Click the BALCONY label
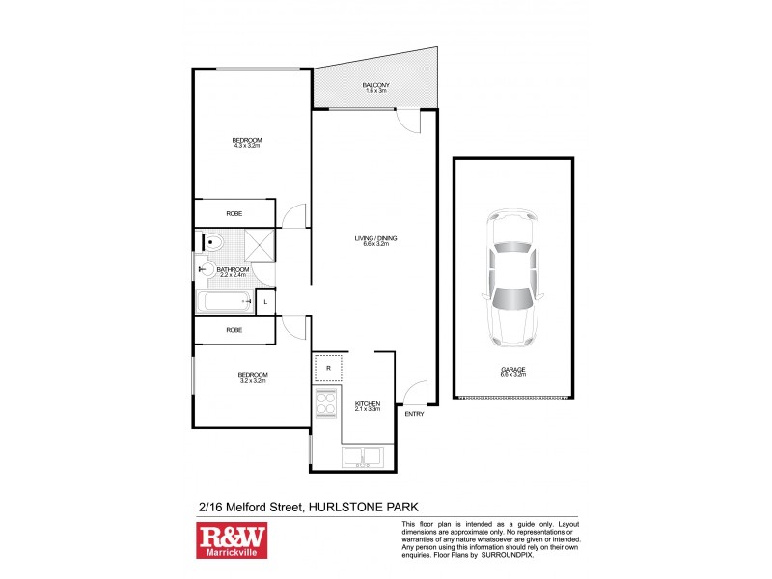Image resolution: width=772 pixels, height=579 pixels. tap(375, 86)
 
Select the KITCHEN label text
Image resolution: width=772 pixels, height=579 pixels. tap(368, 403)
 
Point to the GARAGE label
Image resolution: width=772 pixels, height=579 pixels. tap(513, 368)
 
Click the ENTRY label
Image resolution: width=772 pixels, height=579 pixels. tap(414, 414)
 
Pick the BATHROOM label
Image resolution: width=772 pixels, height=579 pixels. tap(233, 269)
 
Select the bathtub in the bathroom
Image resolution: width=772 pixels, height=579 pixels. tap(226, 303)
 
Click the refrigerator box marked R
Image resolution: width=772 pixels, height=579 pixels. tap(328, 368)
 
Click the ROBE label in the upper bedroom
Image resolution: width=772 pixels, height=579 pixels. tap(234, 213)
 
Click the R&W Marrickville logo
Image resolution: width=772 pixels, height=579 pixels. tap(232, 540)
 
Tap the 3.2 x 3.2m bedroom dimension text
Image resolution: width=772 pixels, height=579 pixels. tap(252, 380)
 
